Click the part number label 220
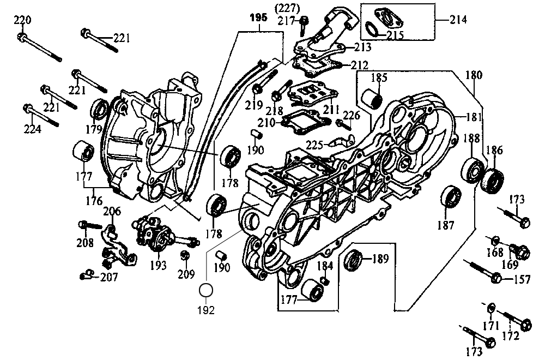(x=22, y=21)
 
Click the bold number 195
(x=258, y=17)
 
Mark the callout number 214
(x=459, y=20)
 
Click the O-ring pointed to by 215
(x=372, y=28)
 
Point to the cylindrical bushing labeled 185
(x=373, y=99)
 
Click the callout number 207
(x=108, y=277)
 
